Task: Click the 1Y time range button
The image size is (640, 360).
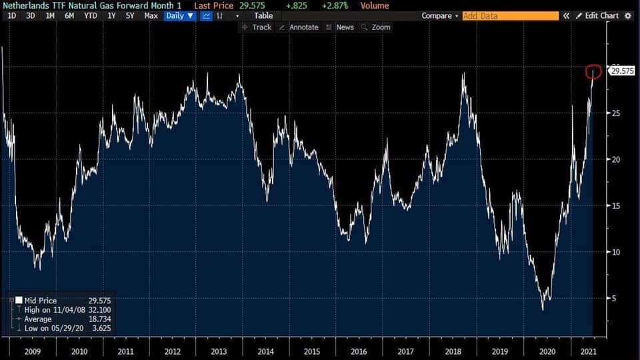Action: click(x=111, y=15)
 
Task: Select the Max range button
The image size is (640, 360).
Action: click(x=151, y=15)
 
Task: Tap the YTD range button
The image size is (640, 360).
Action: click(x=91, y=15)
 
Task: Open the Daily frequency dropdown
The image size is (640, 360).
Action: click(x=180, y=15)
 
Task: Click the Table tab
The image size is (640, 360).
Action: click(x=263, y=15)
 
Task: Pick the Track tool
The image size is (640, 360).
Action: click(x=257, y=27)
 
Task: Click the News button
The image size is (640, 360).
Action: click(x=340, y=27)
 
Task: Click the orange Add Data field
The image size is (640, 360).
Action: click(x=510, y=15)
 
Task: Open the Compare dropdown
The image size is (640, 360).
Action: click(x=439, y=15)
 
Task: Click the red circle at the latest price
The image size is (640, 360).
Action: click(x=593, y=71)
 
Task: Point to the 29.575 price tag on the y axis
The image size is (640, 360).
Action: click(x=622, y=71)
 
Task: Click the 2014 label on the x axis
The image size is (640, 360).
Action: click(x=265, y=351)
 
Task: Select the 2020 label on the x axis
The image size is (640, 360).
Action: click(x=546, y=351)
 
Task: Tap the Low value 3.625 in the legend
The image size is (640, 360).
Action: click(x=99, y=329)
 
